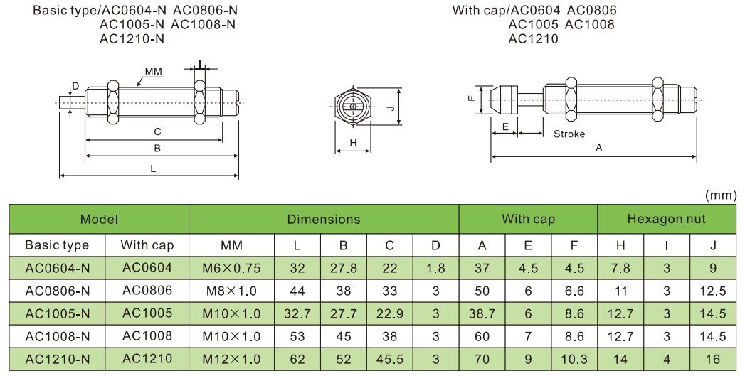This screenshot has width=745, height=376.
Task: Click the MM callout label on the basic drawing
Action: [154, 72]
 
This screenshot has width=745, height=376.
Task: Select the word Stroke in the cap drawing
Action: [569, 134]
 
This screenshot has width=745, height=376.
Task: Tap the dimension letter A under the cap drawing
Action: [598, 147]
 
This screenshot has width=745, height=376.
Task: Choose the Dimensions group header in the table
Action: [324, 220]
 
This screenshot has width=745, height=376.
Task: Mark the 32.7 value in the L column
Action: [297, 313]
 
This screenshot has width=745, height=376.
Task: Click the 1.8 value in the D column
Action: [435, 268]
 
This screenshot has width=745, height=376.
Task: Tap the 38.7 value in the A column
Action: [482, 313]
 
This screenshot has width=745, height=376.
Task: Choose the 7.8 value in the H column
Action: [621, 268]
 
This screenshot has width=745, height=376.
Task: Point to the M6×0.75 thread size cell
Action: [232, 268]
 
